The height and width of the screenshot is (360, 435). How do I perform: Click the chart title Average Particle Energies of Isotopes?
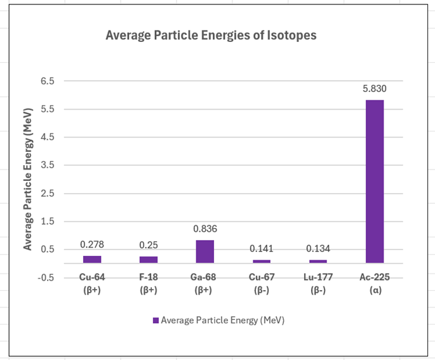point(211,36)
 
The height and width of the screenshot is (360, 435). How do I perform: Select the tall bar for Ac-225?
point(375,181)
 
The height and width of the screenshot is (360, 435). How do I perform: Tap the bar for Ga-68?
point(204,251)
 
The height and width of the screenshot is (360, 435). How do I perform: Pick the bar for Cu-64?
point(92,259)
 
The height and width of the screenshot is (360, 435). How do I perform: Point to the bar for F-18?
point(149,259)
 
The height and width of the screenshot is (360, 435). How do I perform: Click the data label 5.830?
point(375,89)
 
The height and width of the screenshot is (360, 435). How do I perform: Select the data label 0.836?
point(204,229)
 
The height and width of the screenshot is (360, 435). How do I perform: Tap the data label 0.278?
point(92,244)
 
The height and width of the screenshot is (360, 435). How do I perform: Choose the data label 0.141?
point(261,249)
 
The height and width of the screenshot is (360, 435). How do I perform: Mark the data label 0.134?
point(318,249)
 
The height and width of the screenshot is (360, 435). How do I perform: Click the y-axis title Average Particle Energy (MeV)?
point(28,180)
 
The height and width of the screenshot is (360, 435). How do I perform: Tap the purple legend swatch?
point(156,321)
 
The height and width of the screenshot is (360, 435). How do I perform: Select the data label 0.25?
point(149,244)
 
